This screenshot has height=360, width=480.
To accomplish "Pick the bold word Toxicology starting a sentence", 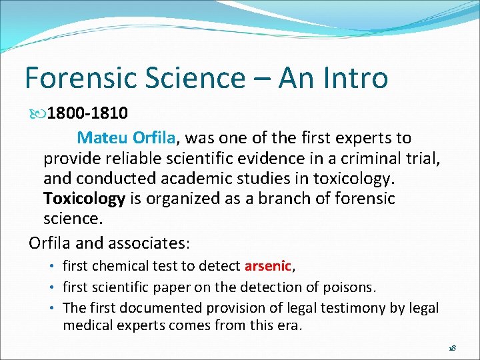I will (84, 199).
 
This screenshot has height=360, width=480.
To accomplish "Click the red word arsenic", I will (268, 266).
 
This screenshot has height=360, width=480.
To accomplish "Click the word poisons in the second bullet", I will (351, 287).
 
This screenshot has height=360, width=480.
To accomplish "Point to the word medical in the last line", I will (87, 326).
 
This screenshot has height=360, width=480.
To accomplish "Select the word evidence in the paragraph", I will (247, 159).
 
